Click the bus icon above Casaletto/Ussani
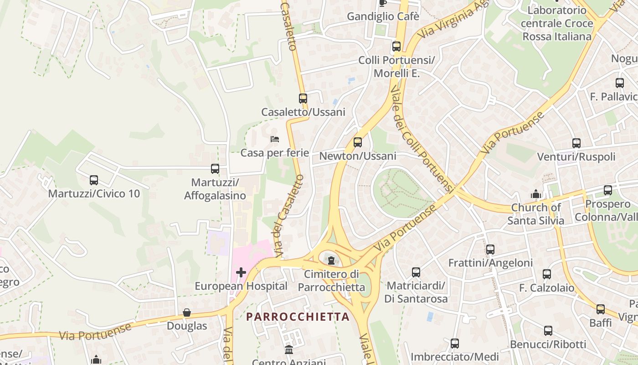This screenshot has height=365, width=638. pos(303,98)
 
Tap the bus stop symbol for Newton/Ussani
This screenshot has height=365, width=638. pos(358,142)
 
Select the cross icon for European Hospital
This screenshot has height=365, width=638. pos(241,272)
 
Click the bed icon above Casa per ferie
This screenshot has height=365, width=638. pos(274,139)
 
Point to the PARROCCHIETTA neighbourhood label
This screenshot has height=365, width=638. pos(298,317)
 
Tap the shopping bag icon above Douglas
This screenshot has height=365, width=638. pos(187,313)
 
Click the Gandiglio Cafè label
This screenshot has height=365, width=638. pos(383,16)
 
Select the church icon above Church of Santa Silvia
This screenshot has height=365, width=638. pos(536,194)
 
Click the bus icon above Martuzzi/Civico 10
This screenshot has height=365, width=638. pos(94,180)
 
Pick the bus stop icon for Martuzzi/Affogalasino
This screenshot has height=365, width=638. pos(215,169)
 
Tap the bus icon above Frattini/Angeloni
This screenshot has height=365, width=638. pos(490,250)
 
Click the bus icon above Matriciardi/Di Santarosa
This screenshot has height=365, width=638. pos(416,272)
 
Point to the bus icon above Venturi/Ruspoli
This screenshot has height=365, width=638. pos(576,143)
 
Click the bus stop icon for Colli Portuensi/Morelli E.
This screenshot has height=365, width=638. pos(396,47)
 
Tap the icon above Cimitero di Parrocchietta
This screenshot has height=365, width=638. pos(331,261)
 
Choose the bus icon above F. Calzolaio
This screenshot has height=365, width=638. pos(547,274)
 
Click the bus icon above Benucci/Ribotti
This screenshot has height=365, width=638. pos(548,331)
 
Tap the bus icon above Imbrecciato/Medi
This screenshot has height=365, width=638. pos(455,344)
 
